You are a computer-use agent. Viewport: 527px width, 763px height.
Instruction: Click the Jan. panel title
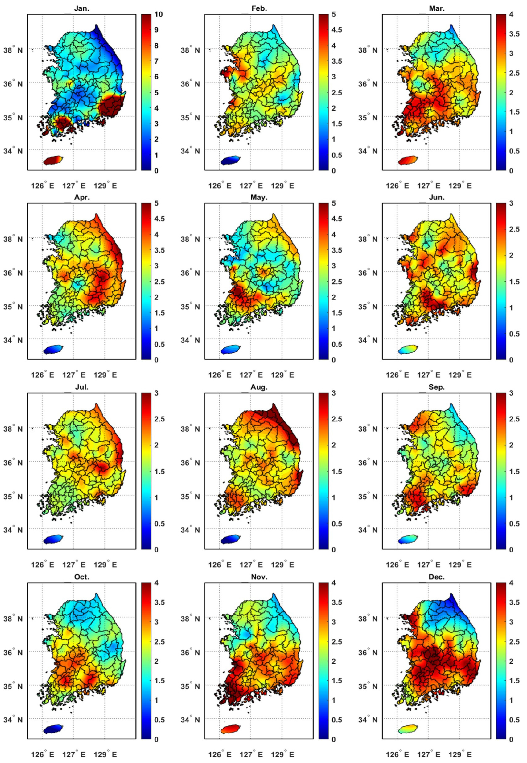[x=82, y=9]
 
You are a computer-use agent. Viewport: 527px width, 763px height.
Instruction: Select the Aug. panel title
[x=259, y=387]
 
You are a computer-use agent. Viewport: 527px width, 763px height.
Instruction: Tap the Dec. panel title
[x=437, y=576]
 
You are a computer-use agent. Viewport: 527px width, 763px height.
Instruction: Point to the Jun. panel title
[x=437, y=197]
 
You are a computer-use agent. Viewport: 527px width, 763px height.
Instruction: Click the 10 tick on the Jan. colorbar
[x=158, y=14]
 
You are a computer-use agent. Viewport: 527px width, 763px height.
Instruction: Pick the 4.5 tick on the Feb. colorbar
[x=336, y=30]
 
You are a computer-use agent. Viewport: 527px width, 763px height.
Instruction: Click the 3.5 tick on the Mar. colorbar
[x=514, y=34]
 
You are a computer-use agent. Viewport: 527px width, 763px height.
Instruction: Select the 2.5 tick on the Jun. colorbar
[x=514, y=229]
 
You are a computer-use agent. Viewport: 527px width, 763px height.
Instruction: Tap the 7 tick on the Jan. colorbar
[x=156, y=61]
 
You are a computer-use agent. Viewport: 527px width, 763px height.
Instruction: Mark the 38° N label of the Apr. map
[x=13, y=239]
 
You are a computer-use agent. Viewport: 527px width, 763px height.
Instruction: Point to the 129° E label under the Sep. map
[x=460, y=565]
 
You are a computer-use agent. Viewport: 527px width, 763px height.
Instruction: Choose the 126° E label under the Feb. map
[x=220, y=186]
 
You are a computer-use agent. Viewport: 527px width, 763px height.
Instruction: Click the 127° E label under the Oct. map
[x=74, y=754]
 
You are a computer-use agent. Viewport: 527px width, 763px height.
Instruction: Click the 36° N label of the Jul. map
[x=13, y=463]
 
